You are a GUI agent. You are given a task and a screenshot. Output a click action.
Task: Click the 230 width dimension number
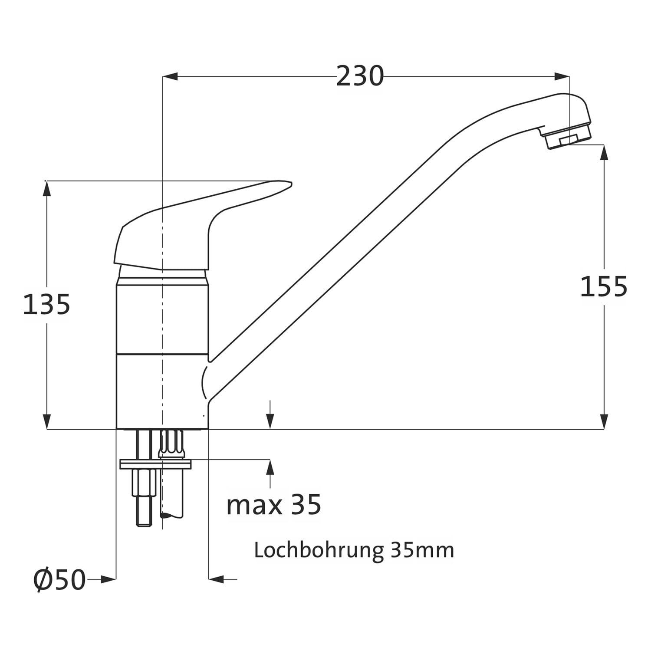coord(360,76)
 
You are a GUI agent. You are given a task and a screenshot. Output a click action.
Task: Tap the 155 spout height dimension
coord(604,286)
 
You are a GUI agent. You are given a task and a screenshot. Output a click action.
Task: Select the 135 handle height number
coord(46,304)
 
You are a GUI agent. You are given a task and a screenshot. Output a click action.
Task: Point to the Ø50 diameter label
coord(59,579)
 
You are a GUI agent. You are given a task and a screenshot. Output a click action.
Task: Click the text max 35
coord(274,504)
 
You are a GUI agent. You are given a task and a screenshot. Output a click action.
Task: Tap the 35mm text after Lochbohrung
coord(422,550)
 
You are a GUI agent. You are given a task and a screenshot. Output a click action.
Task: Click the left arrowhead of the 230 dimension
coord(170,77)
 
